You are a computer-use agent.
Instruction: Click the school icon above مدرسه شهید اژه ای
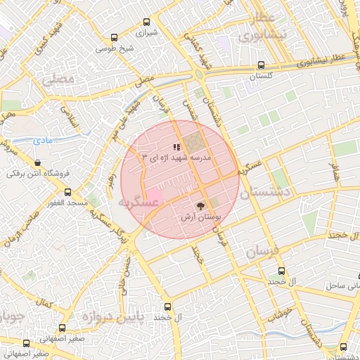pos(176,147)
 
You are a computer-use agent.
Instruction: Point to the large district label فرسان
pos(263,250)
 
